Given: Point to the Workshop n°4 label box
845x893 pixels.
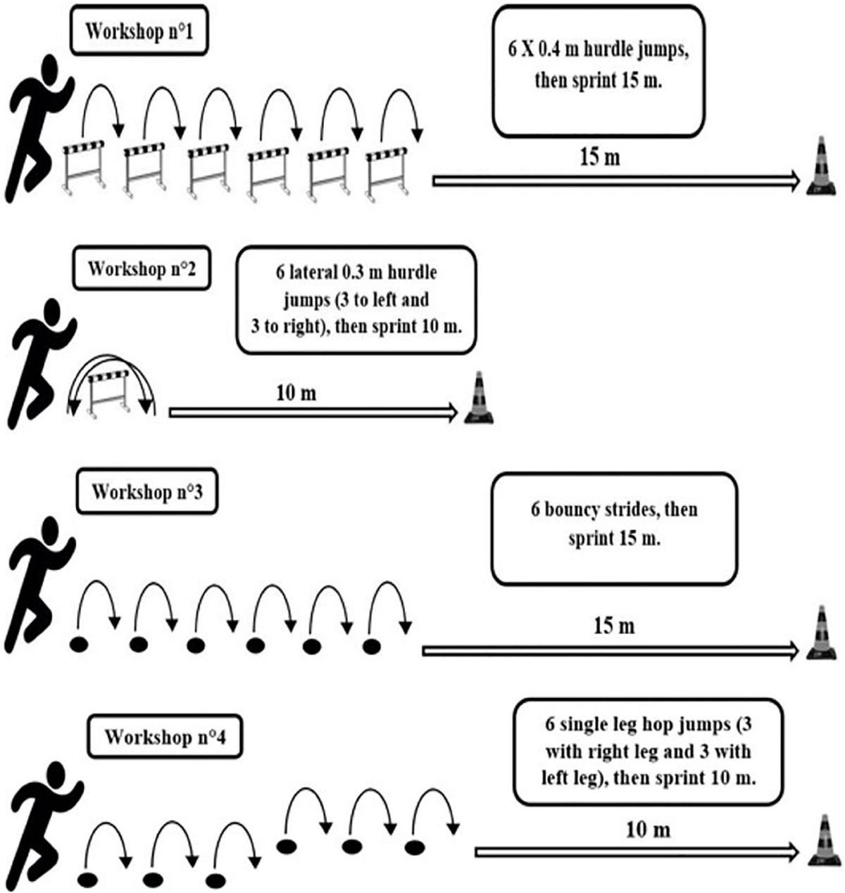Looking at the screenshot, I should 164,737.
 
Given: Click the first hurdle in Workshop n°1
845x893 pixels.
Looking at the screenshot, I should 84,167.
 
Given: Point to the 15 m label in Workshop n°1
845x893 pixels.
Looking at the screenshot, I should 599,158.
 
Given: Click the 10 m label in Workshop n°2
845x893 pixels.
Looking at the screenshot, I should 296,392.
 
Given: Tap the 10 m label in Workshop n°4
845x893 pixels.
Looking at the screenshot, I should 648,830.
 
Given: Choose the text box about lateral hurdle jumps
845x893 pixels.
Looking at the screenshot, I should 356,299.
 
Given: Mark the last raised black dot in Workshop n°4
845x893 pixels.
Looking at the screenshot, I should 416,847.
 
